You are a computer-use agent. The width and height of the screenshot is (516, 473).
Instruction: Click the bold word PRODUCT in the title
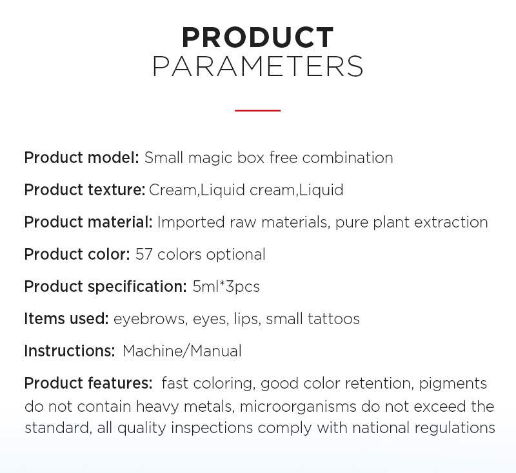tap(258, 37)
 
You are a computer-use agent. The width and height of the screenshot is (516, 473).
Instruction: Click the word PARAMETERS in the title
tap(257, 66)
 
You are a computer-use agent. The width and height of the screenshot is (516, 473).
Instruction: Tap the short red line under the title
tap(257, 110)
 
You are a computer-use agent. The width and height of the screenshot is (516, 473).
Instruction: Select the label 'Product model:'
tap(82, 157)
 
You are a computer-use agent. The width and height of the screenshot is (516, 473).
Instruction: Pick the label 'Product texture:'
tap(84, 189)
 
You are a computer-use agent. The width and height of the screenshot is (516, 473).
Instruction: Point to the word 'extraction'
tap(451, 222)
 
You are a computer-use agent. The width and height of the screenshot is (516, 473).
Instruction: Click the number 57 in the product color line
tap(144, 255)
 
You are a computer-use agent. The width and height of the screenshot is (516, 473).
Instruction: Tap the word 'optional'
tap(235, 255)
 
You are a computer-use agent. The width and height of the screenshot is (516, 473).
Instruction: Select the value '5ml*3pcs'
tap(226, 287)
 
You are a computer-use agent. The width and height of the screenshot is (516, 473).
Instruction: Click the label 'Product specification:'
tap(105, 287)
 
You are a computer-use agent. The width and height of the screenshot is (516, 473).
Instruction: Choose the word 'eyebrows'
tap(151, 319)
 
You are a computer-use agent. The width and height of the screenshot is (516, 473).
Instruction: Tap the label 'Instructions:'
tap(70, 351)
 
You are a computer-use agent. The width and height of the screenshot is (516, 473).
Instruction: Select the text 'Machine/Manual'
tap(182, 351)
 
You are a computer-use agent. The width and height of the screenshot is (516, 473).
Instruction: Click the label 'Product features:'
tap(88, 383)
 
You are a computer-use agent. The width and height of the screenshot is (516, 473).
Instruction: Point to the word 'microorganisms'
tap(298, 407)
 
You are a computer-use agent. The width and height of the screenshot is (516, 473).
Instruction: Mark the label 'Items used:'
tap(66, 319)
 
